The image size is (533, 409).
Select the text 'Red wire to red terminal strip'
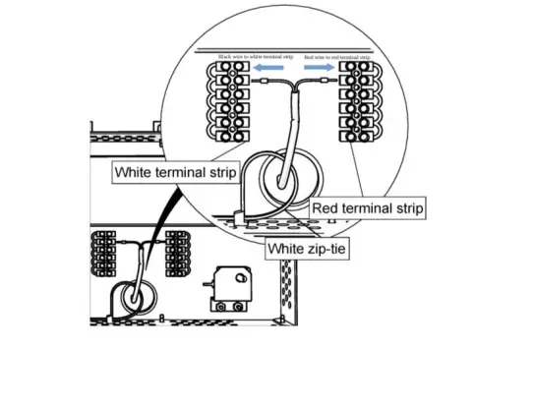pos(336,57)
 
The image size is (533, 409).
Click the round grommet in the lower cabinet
pos(129,297)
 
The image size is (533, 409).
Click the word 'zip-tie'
pos(328,250)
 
